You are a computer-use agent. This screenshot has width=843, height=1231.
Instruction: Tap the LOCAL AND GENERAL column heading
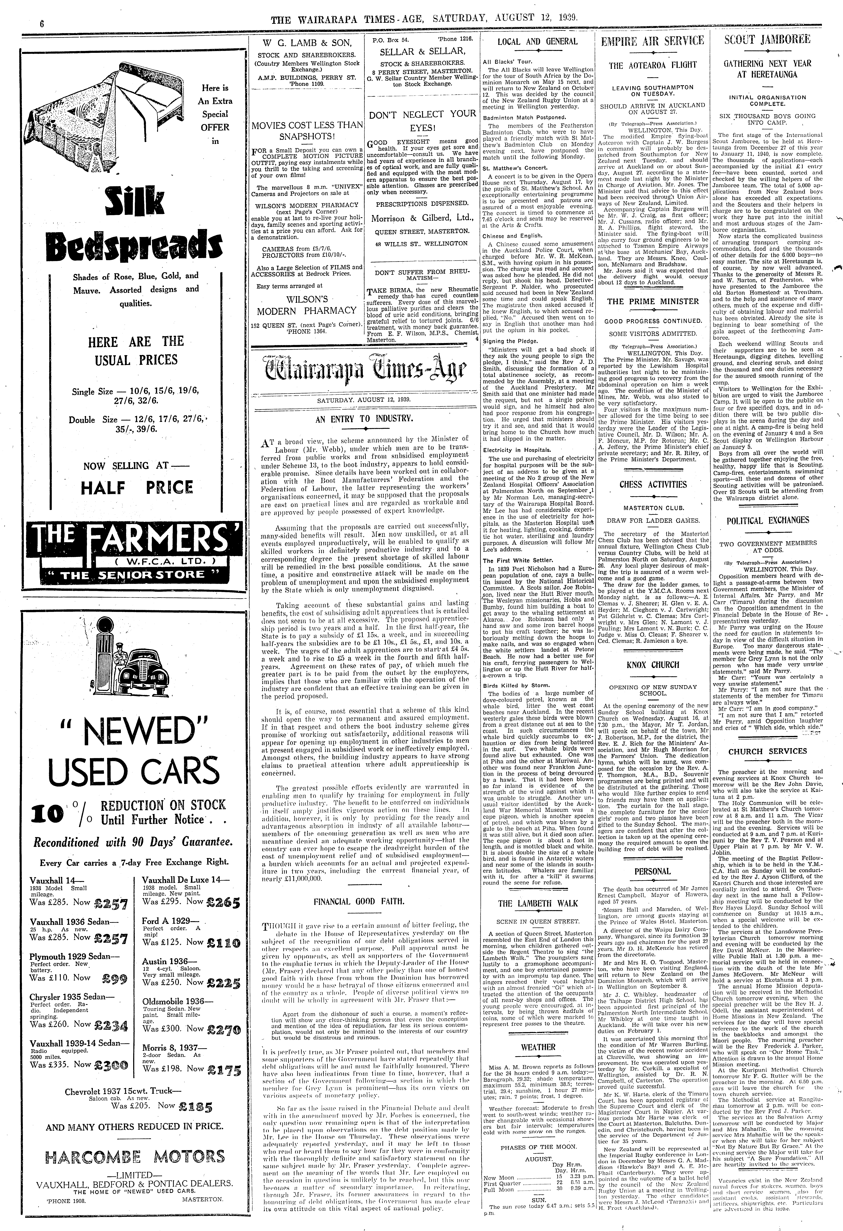538,41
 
